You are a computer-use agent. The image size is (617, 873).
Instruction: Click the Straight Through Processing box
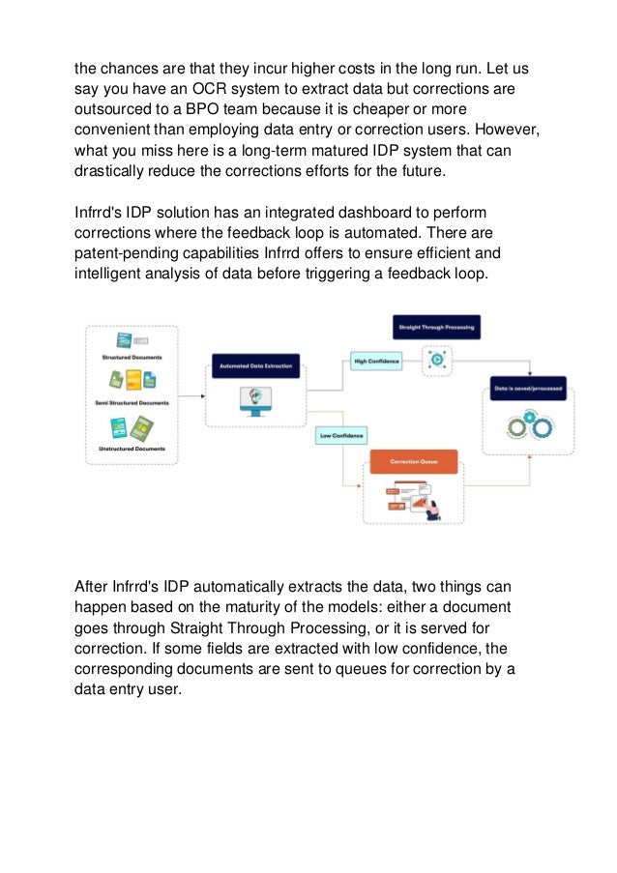tap(436, 327)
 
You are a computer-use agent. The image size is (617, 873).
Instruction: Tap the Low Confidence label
tap(341, 436)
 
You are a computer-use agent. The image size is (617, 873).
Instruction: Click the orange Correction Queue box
tap(413, 462)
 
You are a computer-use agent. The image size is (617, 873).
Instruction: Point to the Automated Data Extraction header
tap(255, 366)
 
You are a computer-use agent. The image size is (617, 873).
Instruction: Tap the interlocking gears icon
tap(528, 426)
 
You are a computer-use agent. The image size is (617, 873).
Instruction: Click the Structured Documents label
tap(132, 357)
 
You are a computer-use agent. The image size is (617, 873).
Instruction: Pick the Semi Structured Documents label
tap(132, 402)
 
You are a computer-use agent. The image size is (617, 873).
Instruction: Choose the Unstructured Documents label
tap(132, 449)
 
